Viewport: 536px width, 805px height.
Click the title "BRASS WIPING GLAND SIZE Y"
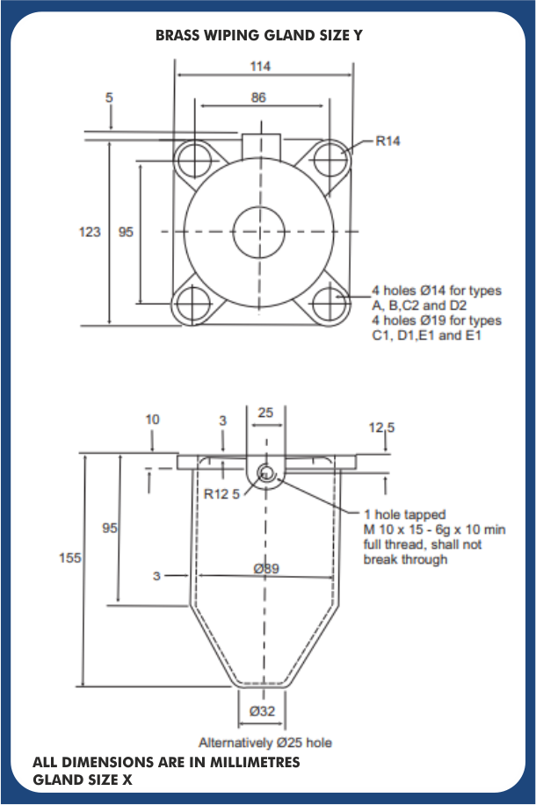coord(258,35)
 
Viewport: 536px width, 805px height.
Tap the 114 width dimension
coord(260,66)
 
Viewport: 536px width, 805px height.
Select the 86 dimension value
coord(258,97)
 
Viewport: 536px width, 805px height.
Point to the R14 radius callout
coord(388,140)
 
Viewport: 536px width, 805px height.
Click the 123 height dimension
coord(90,232)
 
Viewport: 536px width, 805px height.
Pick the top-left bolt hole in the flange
coord(193,158)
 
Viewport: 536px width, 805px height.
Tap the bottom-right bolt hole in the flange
coord(329,304)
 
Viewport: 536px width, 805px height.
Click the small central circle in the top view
coord(258,232)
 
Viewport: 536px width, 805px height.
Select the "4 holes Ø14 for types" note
coord(437,291)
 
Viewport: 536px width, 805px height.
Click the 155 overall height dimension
coord(70,557)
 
